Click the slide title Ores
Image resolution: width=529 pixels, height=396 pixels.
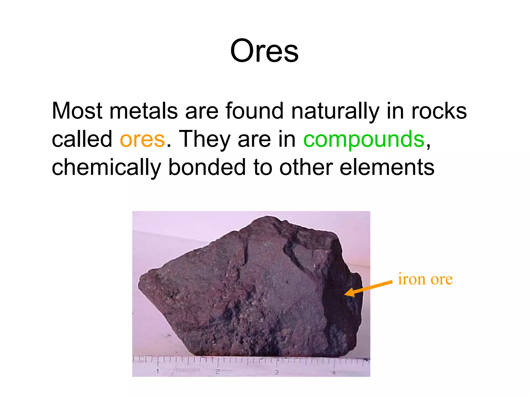point(264,51)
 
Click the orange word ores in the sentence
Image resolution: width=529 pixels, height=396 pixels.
point(142,139)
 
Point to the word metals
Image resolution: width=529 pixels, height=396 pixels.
point(144,111)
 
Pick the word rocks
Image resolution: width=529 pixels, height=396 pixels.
point(439,111)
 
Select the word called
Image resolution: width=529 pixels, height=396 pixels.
point(82,139)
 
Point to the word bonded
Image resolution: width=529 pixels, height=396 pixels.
point(207,167)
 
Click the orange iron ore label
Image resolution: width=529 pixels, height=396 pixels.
point(425,279)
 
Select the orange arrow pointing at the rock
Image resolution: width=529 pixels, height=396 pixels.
point(368,288)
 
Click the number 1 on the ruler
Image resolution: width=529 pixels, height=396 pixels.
point(158,372)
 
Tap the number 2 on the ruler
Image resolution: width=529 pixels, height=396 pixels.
point(217,372)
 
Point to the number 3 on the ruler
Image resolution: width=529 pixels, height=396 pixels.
point(276,372)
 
